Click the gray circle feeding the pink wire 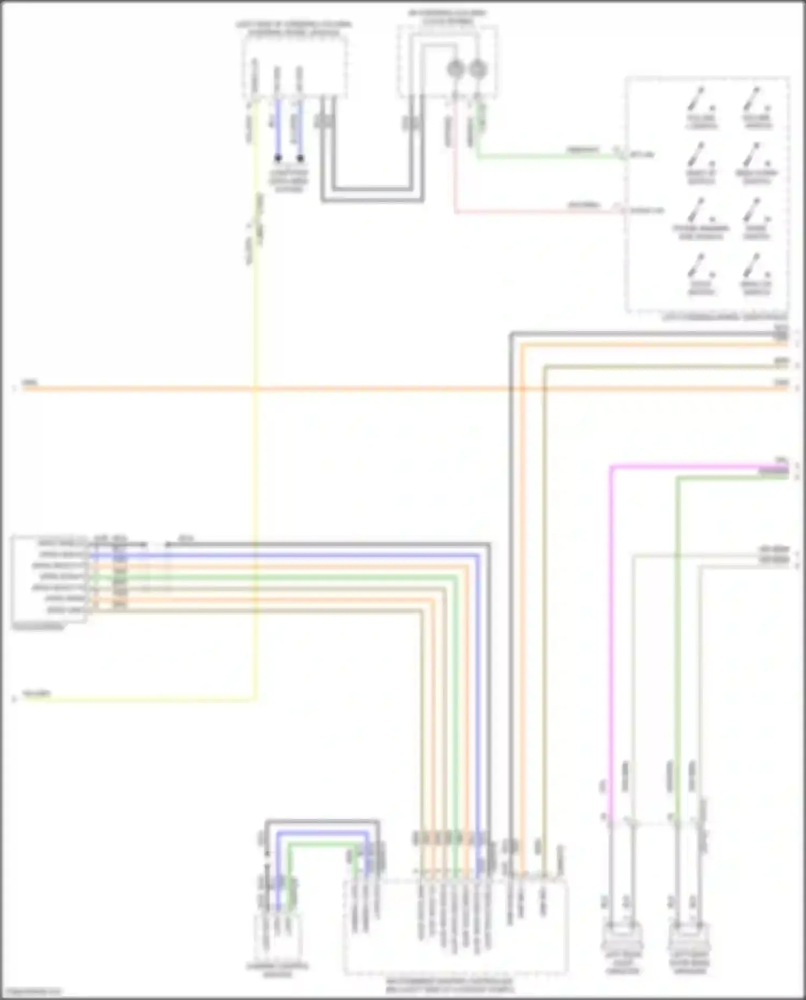[x=456, y=69]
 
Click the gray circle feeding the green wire [x=478, y=69]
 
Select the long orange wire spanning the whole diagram [x=376, y=388]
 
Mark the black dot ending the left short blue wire [x=278, y=159]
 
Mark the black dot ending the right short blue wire [x=300, y=159]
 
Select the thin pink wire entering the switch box [x=537, y=212]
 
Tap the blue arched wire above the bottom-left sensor [x=322, y=832]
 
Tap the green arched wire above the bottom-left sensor [x=322, y=844]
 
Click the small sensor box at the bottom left [x=277, y=936]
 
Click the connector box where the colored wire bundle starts [x=49, y=578]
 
